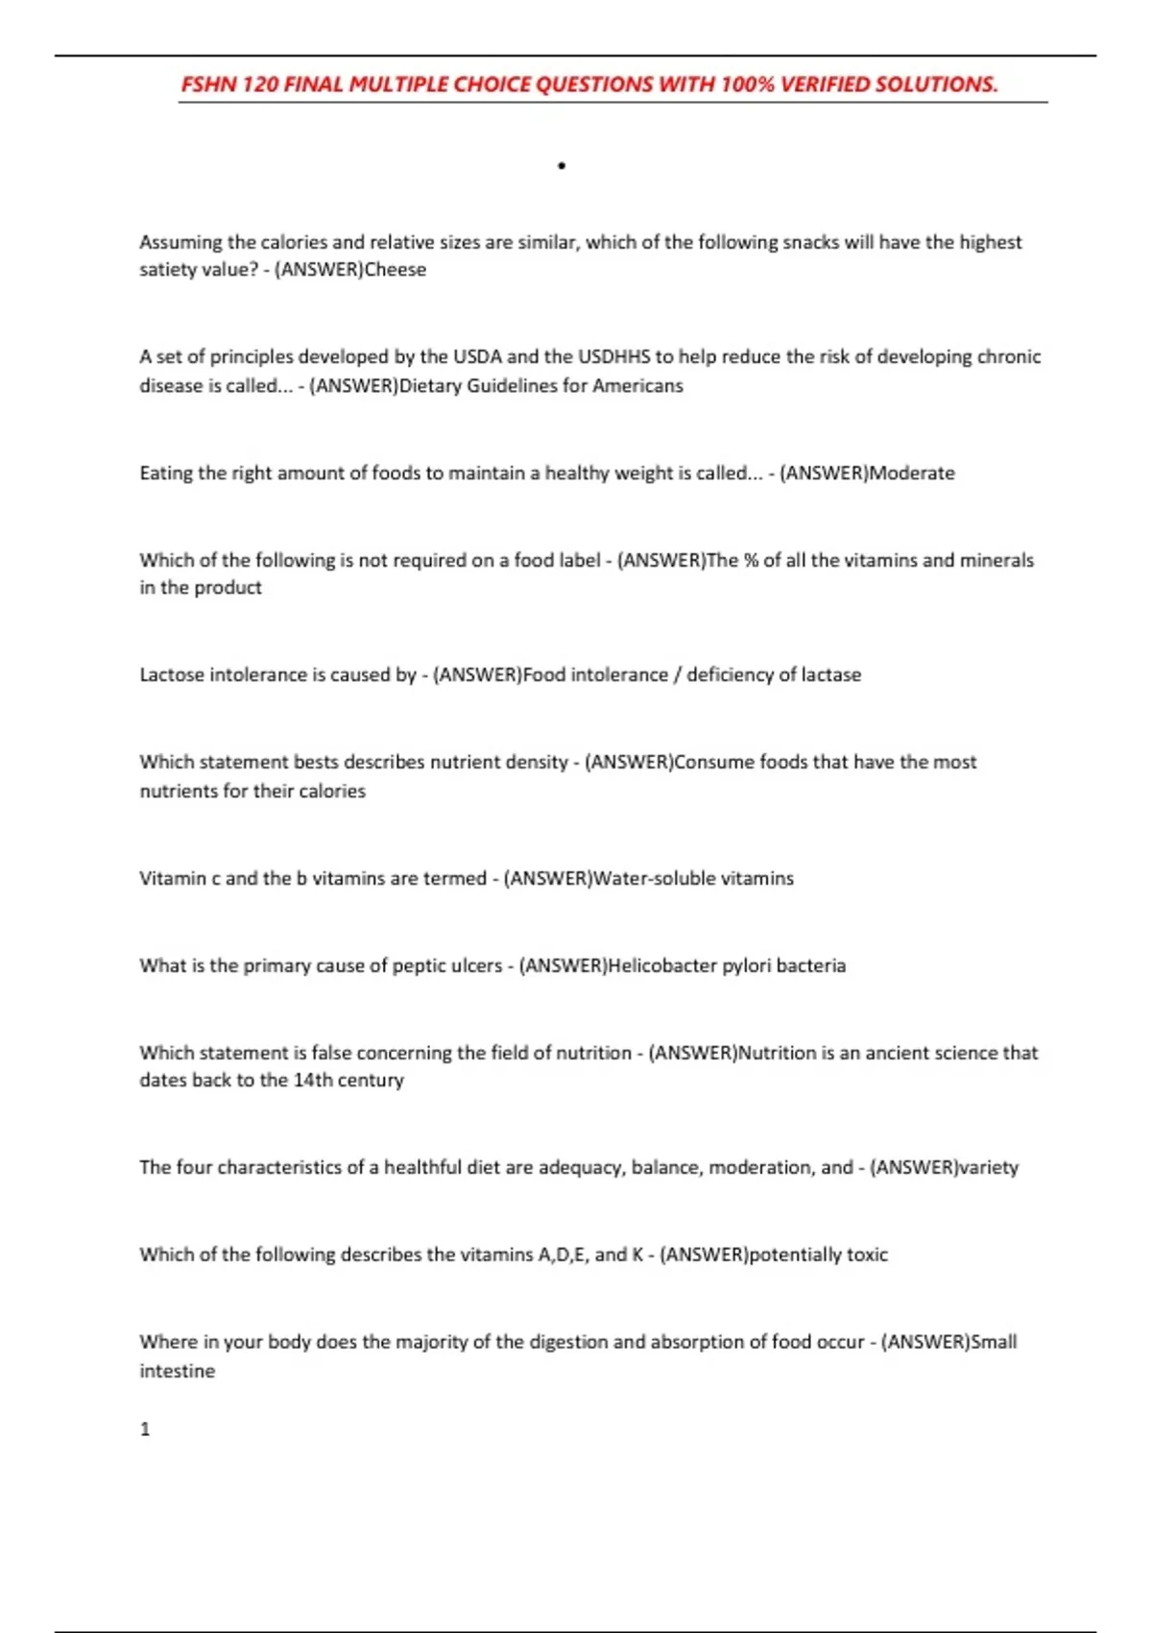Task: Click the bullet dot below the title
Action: click(x=562, y=166)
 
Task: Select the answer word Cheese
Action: click(x=396, y=270)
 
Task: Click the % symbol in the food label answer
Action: click(x=751, y=560)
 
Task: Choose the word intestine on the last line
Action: click(x=177, y=1371)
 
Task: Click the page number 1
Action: click(x=145, y=1429)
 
